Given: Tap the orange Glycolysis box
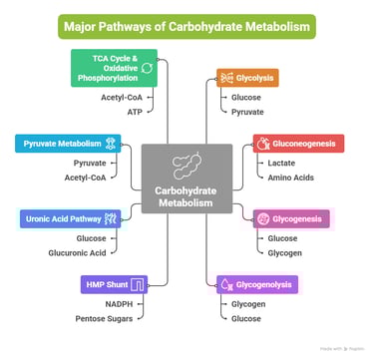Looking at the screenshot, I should point(247,78).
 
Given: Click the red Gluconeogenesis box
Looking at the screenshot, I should point(298,143).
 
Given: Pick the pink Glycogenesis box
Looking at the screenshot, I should point(291,218).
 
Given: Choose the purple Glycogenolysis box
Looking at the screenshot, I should point(256,285).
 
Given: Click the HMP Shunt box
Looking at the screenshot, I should point(116,285).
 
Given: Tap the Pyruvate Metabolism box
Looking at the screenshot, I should point(69,143).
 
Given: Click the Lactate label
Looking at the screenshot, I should point(281,162).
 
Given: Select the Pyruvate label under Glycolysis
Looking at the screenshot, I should point(248,112).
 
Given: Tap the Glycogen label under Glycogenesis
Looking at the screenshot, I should point(284,252).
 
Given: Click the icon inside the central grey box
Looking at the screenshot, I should point(187,166).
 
